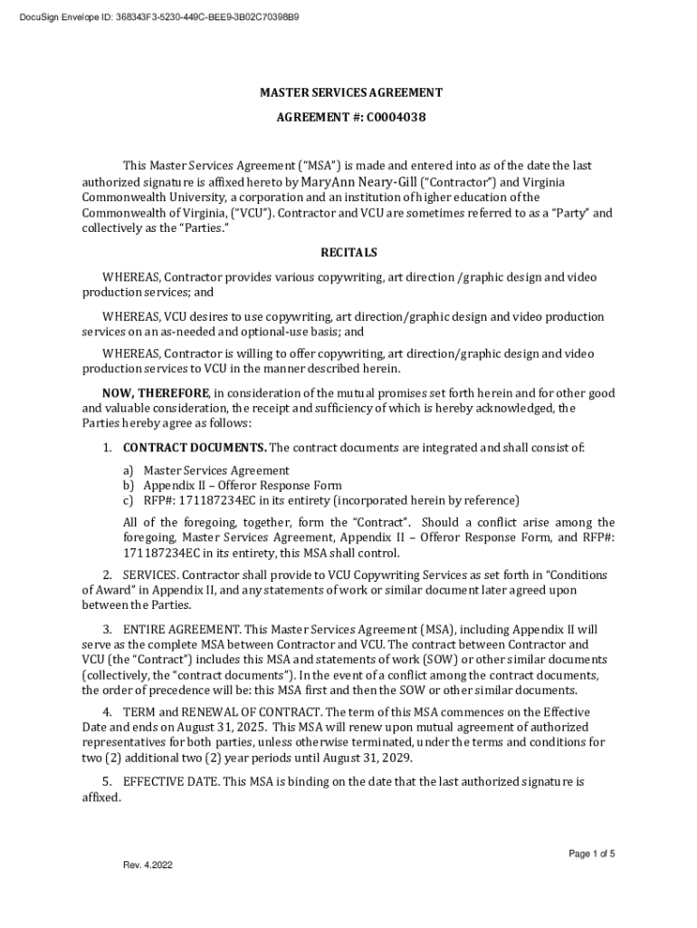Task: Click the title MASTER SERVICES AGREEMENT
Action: [x=351, y=92]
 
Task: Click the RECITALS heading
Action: [x=349, y=253]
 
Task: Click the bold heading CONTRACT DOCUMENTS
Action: [x=195, y=448]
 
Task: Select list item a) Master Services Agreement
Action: [x=215, y=470]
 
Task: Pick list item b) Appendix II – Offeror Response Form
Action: [x=242, y=485]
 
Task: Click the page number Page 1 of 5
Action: [x=592, y=854]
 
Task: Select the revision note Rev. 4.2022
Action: [x=148, y=865]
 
